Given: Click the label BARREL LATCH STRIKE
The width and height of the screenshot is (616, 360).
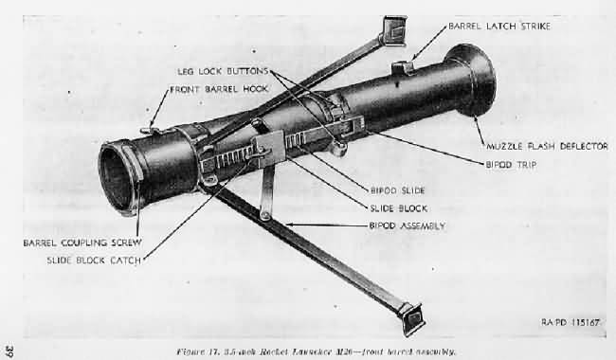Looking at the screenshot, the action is [x=498, y=26].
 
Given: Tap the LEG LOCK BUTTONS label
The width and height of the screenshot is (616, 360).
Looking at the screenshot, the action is [x=226, y=71].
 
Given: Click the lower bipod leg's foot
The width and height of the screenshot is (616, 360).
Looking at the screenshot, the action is [x=411, y=317].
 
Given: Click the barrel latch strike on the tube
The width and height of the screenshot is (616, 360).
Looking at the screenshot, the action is [x=402, y=67].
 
